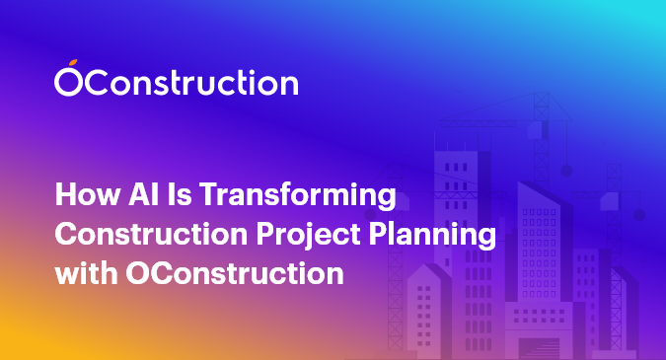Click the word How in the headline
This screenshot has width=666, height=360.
pyautogui.click(x=82, y=195)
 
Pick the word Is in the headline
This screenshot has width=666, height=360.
pyautogui.click(x=169, y=195)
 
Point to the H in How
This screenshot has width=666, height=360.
pyautogui.click(x=64, y=195)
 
